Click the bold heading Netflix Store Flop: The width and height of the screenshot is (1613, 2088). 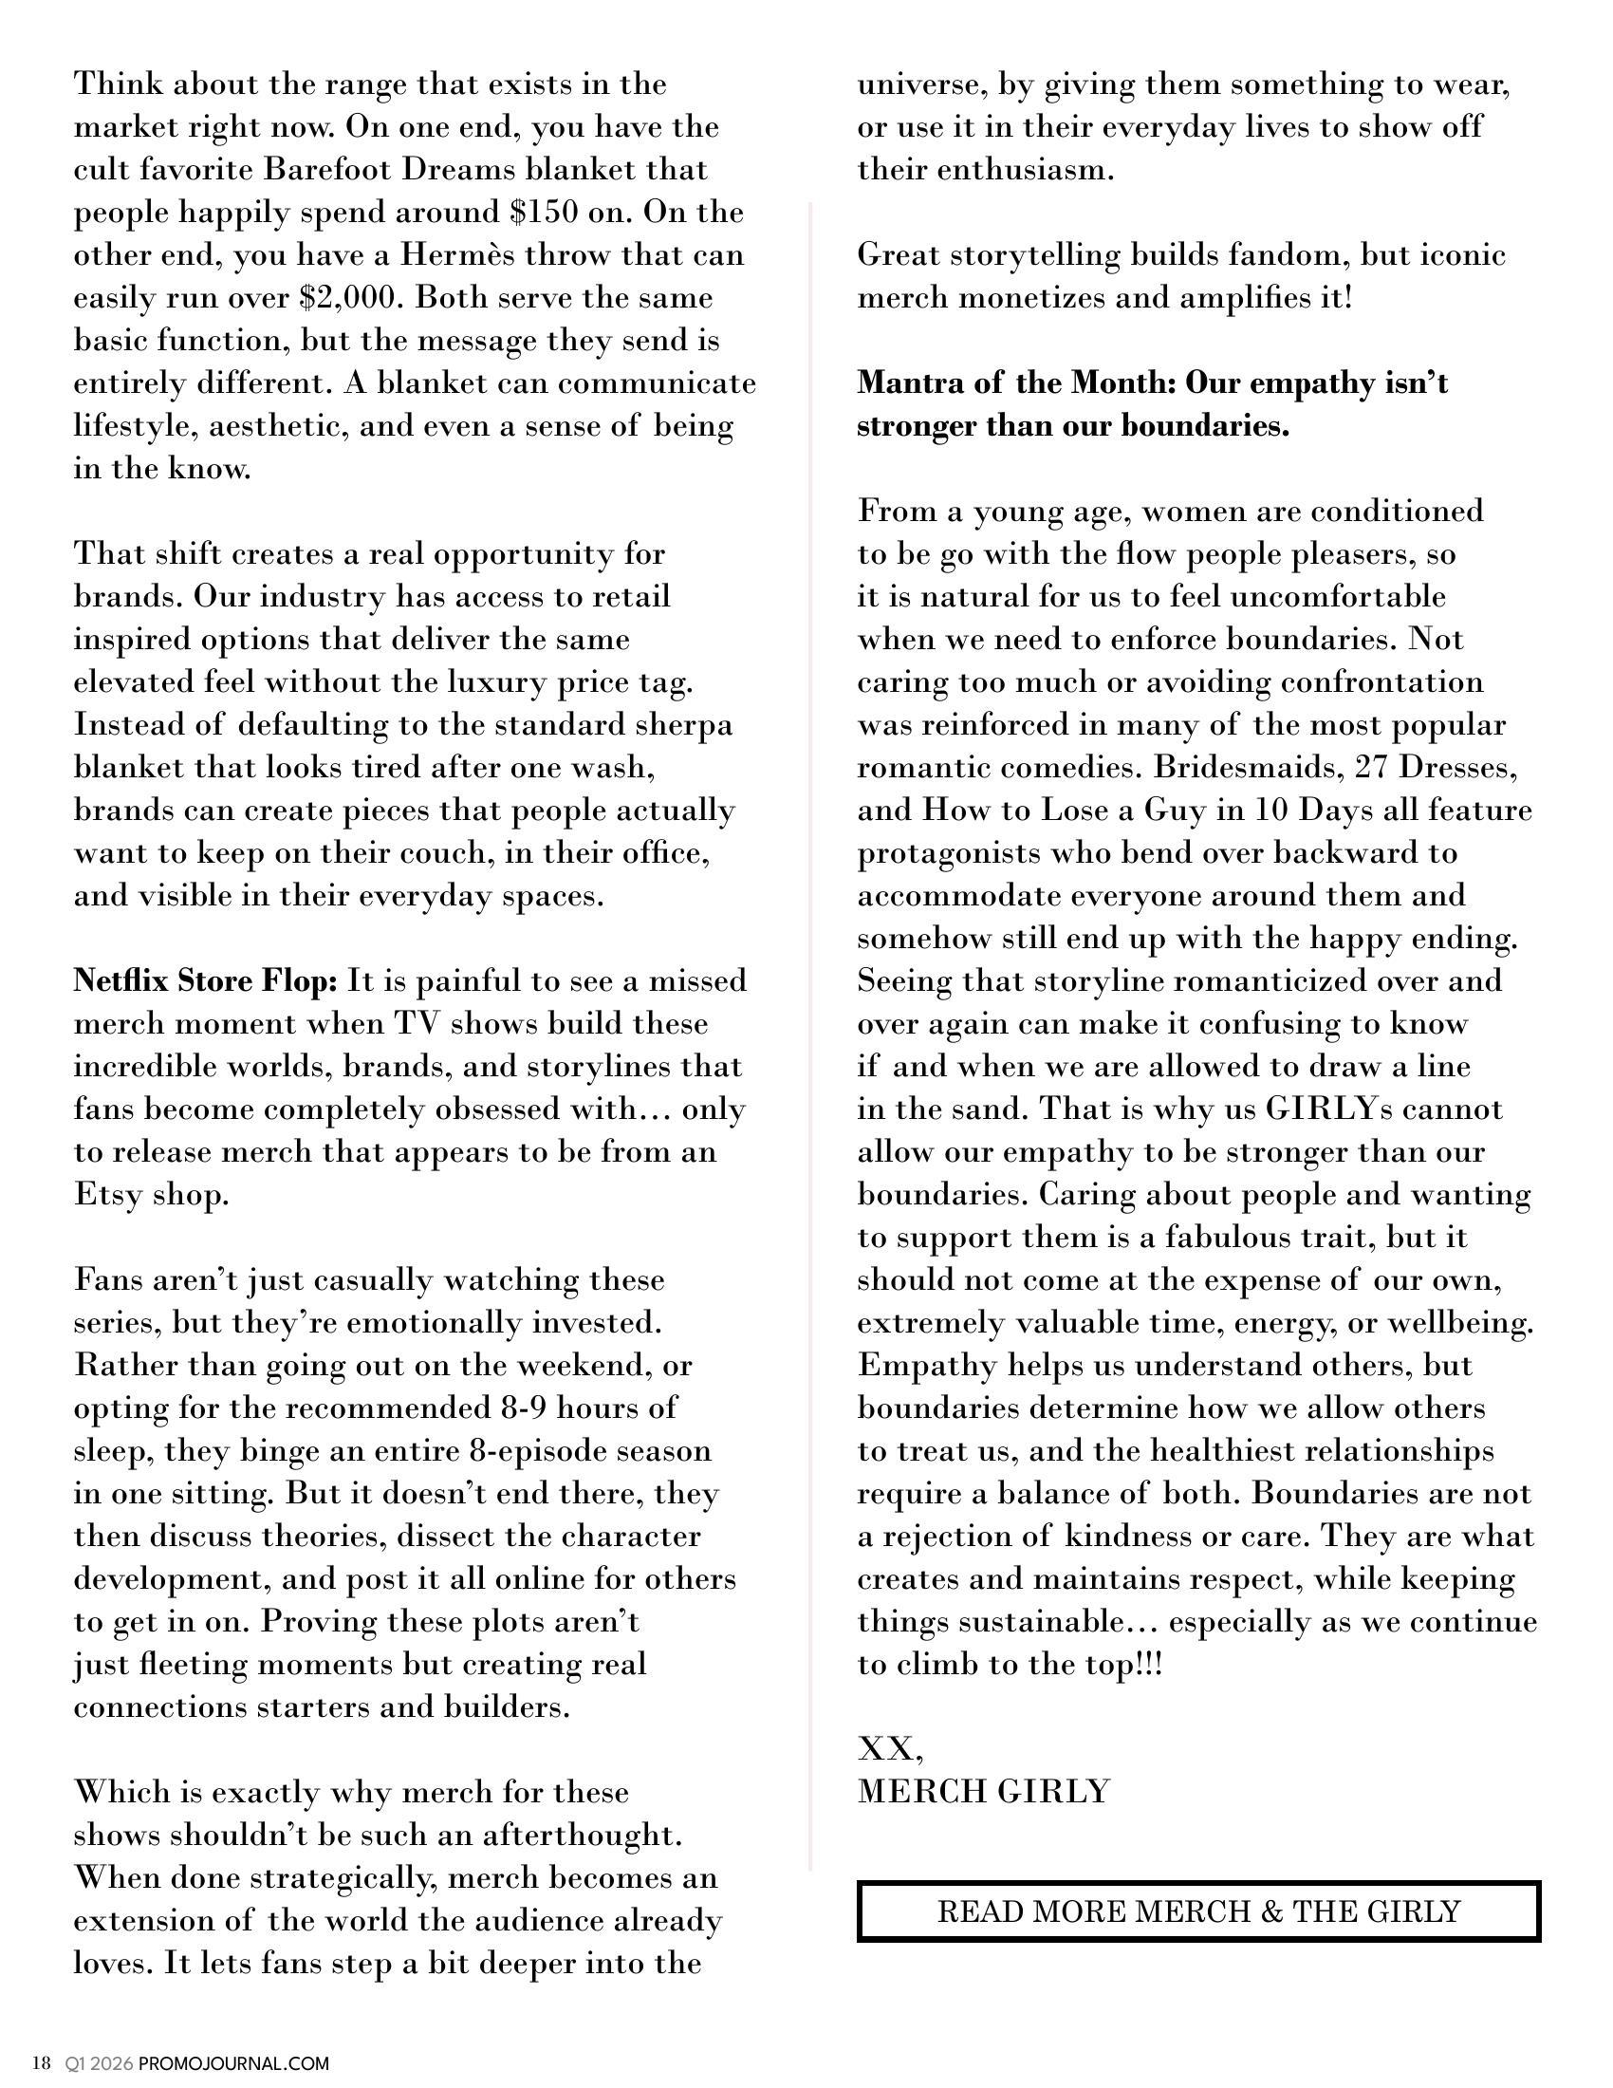click(206, 981)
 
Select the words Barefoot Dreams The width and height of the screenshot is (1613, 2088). click(390, 169)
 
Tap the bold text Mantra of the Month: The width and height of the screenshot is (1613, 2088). click(1017, 382)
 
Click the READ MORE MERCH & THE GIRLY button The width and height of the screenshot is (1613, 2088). click(1198, 1911)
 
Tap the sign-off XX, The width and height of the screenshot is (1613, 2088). click(890, 1748)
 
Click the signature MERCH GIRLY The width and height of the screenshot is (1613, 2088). click(983, 1791)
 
